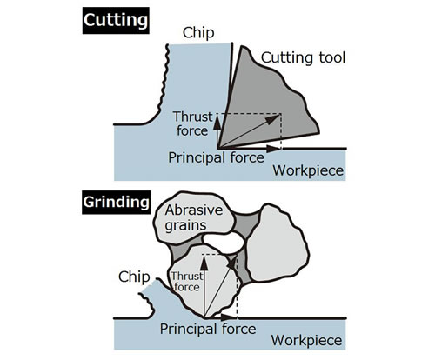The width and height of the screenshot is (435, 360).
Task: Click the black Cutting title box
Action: click(116, 21)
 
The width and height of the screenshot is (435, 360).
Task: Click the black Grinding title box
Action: click(117, 203)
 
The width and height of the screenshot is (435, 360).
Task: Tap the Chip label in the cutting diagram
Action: click(198, 33)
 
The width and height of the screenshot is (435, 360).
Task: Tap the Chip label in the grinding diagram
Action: click(134, 277)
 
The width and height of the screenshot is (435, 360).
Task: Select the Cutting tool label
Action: click(303, 57)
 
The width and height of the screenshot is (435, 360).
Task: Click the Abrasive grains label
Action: click(194, 217)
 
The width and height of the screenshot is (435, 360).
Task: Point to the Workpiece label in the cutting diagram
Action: click(308, 170)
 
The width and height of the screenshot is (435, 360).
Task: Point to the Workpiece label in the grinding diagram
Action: click(306, 340)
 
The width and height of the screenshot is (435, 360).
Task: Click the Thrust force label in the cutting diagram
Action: click(193, 123)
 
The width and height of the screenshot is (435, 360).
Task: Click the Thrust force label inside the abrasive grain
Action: click(186, 281)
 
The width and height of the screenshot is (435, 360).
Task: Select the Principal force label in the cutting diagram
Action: click(217, 157)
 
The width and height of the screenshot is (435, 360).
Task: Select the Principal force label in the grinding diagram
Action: click(208, 329)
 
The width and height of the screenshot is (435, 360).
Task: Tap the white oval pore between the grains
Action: click(224, 242)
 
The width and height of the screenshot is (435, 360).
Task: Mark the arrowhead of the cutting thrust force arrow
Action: click(217, 123)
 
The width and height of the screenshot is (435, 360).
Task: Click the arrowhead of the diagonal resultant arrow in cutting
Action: click(273, 119)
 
